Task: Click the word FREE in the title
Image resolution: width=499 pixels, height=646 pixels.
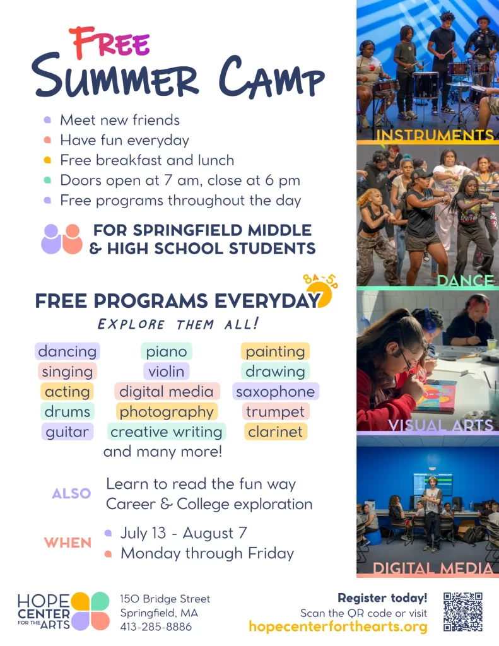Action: [x=110, y=42]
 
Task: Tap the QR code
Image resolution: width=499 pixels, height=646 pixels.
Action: [x=463, y=611]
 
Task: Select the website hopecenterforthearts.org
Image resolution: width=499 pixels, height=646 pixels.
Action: [x=338, y=626]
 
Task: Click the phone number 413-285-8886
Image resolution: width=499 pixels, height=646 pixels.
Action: [x=156, y=626]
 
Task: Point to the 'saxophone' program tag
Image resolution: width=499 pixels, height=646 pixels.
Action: [x=276, y=391]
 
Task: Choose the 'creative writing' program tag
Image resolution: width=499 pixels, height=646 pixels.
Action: [x=167, y=432]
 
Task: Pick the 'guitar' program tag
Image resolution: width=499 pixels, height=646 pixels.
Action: [x=68, y=432]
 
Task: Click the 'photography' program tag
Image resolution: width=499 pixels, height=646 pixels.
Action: [x=167, y=411]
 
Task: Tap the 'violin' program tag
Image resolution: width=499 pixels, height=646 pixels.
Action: [x=167, y=371]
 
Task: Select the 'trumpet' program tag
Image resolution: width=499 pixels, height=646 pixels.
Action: [x=276, y=411]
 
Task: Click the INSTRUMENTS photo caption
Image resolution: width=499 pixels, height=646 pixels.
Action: [x=435, y=135]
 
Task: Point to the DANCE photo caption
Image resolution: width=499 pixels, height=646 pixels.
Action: [x=465, y=281]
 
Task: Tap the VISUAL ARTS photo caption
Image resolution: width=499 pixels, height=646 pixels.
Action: [x=440, y=425]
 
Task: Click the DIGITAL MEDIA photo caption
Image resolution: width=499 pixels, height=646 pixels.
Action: [x=433, y=568]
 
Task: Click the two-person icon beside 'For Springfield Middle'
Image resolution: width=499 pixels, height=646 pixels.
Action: [x=62, y=239]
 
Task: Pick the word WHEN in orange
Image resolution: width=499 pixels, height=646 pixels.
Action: [x=68, y=543]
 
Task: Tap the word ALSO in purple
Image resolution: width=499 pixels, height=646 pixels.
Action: [x=71, y=493]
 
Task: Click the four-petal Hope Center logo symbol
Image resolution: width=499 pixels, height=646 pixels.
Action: [x=90, y=611]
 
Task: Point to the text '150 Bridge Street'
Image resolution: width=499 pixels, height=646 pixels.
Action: [x=165, y=599]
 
